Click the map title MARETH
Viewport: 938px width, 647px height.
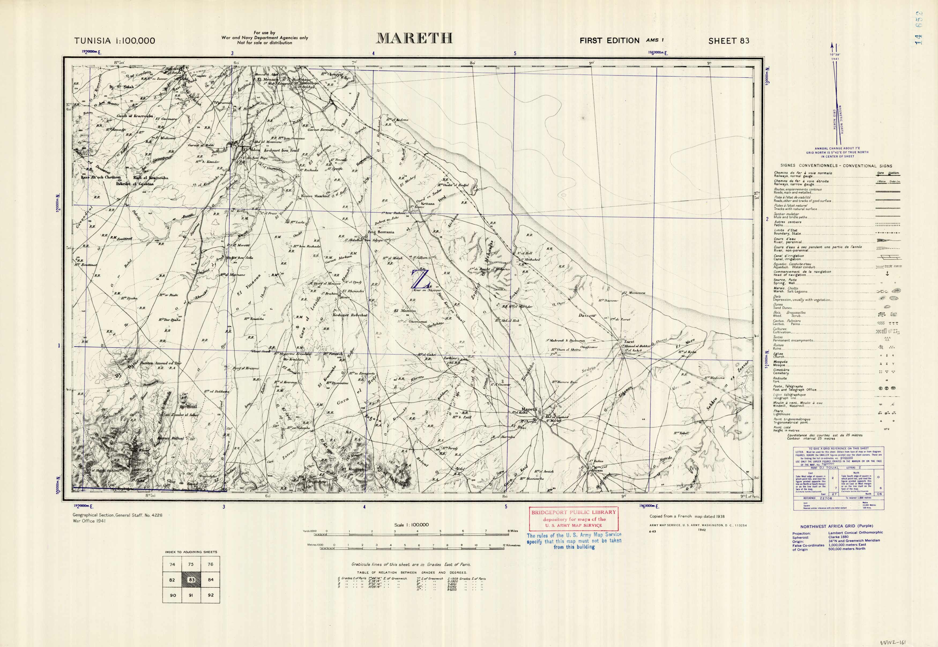point(414,39)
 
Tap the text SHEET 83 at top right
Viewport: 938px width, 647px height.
point(729,40)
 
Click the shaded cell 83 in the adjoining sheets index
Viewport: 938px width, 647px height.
point(192,580)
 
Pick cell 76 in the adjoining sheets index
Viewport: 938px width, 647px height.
point(210,564)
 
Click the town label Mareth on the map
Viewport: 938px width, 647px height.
point(529,409)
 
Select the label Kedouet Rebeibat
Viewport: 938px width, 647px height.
point(350,315)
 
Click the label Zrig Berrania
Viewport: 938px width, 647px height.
point(381,232)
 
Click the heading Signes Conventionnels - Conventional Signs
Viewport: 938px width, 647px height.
point(836,166)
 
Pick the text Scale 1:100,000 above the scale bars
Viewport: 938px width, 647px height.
point(411,525)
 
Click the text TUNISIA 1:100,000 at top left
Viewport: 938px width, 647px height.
point(114,40)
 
